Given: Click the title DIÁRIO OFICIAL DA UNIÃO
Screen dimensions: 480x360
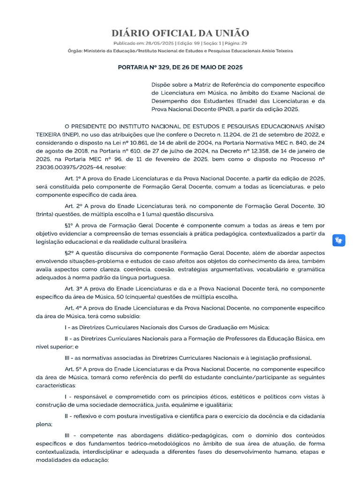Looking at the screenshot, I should [x=180, y=33].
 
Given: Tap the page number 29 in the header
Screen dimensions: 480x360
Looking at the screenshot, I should [x=243, y=43].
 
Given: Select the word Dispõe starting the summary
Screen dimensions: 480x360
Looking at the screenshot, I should [x=161, y=84].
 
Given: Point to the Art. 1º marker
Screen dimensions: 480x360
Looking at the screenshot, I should [x=73, y=179].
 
